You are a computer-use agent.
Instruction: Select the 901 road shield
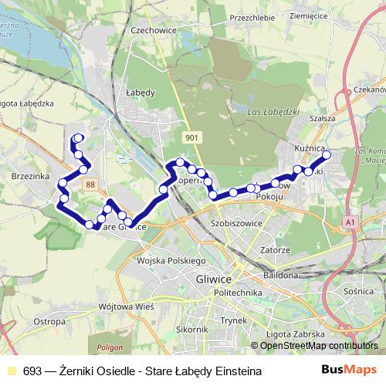(192, 137)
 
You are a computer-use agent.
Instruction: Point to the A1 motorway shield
(351, 223)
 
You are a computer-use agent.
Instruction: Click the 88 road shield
(91, 184)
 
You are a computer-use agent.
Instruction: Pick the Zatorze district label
(275, 250)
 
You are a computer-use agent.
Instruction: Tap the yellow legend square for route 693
(11, 371)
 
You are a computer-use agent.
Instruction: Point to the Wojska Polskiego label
(168, 261)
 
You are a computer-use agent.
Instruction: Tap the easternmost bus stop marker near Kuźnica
(326, 155)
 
